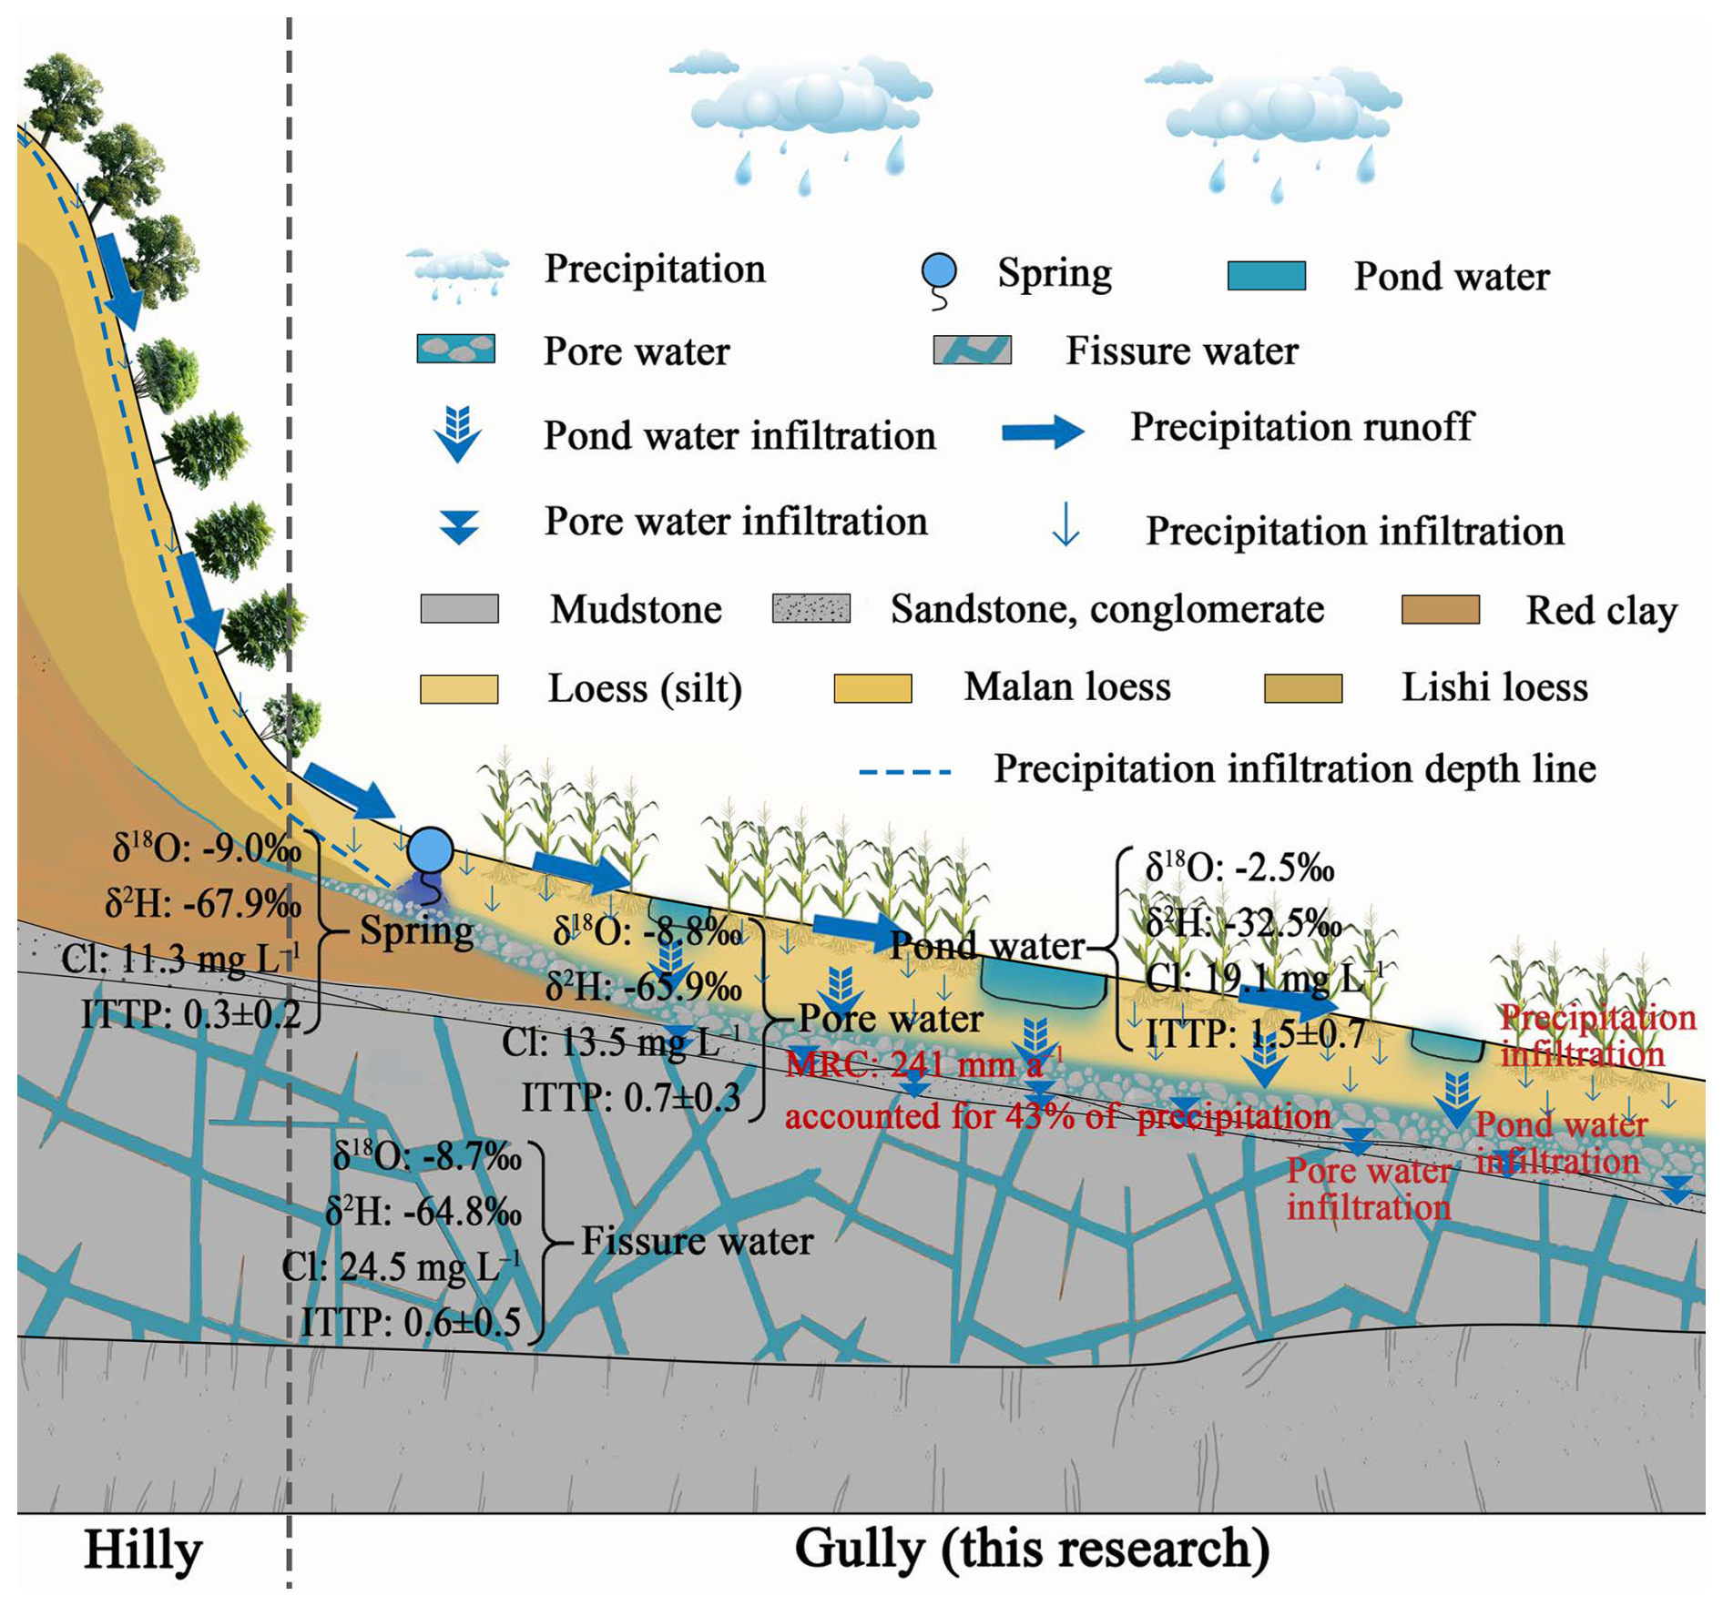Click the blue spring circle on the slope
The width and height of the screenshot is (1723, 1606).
[x=430, y=850]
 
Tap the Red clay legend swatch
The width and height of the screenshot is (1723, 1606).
[x=1440, y=610]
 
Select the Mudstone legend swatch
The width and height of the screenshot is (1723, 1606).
[x=459, y=608]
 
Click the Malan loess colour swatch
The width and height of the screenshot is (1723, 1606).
[x=872, y=688]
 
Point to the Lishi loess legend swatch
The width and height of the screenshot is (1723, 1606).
[x=1302, y=688]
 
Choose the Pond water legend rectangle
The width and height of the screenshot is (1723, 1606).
[x=1266, y=276]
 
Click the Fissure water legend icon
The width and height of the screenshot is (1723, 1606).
[x=972, y=351]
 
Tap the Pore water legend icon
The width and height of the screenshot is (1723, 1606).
[x=455, y=349]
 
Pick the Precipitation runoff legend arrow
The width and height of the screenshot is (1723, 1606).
[x=1043, y=432]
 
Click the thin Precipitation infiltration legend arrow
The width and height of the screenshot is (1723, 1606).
[x=1065, y=527]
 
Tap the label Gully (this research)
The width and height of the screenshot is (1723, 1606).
[x=1032, y=1548]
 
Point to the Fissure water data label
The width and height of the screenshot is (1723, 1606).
[x=697, y=1241]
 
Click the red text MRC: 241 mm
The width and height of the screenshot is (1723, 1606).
[x=913, y=1065]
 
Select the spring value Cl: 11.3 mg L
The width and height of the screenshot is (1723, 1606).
[x=180, y=959]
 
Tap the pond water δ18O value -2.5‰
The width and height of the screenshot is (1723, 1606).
[x=1239, y=869]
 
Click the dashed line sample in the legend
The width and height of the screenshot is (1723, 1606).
[x=905, y=772]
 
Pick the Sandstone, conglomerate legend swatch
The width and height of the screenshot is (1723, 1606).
[x=811, y=608]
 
